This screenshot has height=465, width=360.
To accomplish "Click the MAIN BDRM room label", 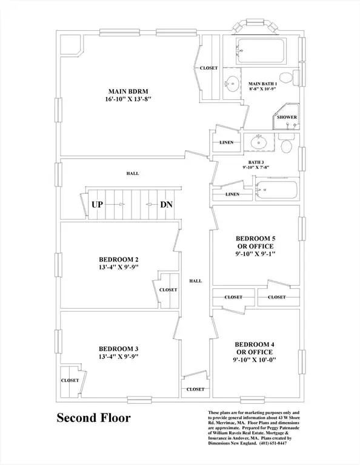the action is click(x=128, y=91).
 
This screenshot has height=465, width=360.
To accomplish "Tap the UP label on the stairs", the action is click(x=98, y=205).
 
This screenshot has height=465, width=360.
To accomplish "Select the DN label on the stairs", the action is click(x=166, y=205).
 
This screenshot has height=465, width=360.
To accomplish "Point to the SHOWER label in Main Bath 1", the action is click(x=287, y=117).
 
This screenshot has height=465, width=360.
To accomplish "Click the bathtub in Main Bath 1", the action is click(x=261, y=50).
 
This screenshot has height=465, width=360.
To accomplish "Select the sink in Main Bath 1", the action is click(x=232, y=84).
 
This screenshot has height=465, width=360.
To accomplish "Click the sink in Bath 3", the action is click(x=259, y=142).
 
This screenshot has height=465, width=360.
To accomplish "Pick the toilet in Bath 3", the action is click(x=287, y=144).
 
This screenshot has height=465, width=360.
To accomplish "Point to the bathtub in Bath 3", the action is click(x=276, y=190).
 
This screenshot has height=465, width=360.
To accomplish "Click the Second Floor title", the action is click(x=94, y=418).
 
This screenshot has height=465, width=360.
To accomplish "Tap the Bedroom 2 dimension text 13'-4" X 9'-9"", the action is click(x=119, y=267).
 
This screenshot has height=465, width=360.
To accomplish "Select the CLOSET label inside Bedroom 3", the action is click(x=70, y=380).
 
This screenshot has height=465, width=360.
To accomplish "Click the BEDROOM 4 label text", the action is click(x=255, y=345).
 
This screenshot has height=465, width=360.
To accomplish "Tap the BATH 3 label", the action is click(x=256, y=162).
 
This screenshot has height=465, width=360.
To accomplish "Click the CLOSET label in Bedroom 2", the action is click(x=168, y=290).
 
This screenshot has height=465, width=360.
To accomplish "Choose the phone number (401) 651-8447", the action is click(x=273, y=443).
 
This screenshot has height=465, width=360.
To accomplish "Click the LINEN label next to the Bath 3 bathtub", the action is click(x=232, y=194).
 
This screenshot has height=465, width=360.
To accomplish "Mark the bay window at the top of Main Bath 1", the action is click(x=255, y=26).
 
